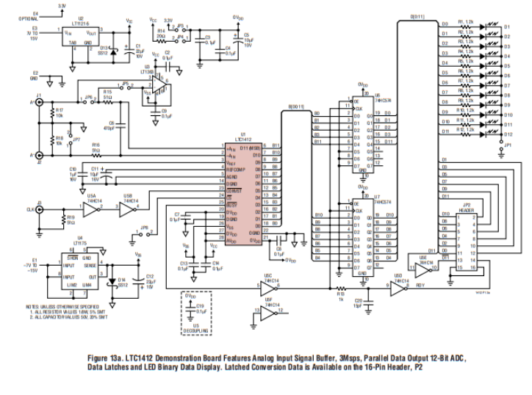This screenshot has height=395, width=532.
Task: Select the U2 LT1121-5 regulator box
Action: (80, 37)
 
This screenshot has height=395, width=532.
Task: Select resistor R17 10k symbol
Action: (51, 115)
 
